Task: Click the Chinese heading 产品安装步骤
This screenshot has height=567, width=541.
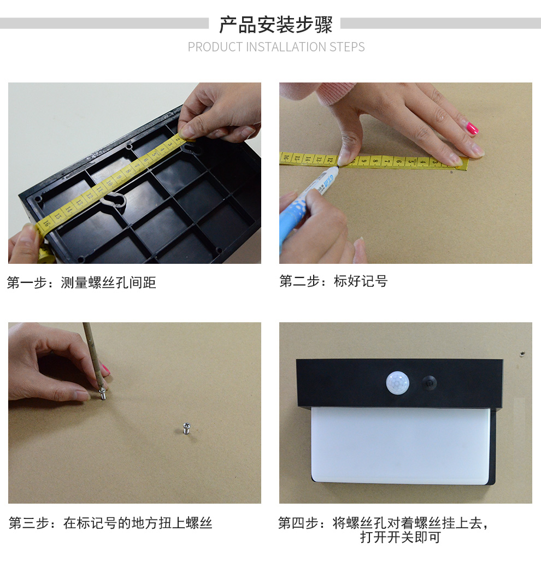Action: click(x=276, y=25)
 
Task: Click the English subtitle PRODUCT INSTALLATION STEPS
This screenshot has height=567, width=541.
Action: click(x=276, y=47)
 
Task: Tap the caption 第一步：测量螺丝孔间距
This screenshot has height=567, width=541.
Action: click(x=81, y=282)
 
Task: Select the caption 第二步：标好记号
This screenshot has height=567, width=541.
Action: click(x=333, y=281)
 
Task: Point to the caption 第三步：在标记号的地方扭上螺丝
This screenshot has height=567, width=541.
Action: click(x=110, y=523)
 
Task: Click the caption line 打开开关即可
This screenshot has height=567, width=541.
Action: click(x=400, y=537)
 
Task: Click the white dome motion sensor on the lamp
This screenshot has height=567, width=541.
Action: click(x=397, y=382)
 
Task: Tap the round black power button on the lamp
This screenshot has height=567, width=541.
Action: click(x=429, y=383)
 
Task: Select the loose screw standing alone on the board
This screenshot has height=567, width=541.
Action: click(x=186, y=428)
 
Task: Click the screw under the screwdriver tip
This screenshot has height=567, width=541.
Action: click(x=103, y=394)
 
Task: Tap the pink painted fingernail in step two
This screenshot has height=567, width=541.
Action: click(x=472, y=128)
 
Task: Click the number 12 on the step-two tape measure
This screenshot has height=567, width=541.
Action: click(x=330, y=159)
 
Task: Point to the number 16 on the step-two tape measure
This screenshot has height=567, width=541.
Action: click(x=286, y=157)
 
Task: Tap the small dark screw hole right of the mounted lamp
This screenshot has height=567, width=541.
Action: click(x=522, y=353)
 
